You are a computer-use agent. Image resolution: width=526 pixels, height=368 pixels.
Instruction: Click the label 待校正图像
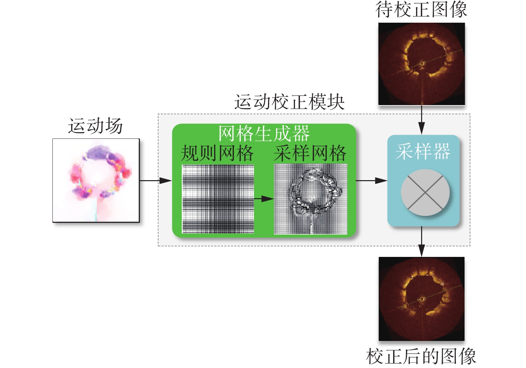tap(421, 10)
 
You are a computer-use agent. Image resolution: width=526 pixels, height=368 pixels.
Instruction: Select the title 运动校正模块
tap(289, 102)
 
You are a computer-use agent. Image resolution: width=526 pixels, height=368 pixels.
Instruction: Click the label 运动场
tap(96, 126)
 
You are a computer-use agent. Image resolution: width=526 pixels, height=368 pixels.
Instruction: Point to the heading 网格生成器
tap(264, 133)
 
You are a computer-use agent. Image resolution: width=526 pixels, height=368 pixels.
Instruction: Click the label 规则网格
tap(217, 153)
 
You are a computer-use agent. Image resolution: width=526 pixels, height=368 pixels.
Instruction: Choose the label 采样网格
tap(310, 153)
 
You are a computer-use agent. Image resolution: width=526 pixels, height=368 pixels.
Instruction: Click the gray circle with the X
tap(425, 193)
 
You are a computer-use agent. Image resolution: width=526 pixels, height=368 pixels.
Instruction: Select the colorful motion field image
tap(96, 180)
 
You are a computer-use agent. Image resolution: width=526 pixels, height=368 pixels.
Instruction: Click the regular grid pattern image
tap(218, 199)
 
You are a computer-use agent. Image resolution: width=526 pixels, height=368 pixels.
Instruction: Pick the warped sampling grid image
tap(311, 199)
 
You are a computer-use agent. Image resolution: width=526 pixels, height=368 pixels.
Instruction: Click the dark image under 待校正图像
tap(421, 64)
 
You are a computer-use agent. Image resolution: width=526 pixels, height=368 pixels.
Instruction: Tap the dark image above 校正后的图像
tap(421, 299)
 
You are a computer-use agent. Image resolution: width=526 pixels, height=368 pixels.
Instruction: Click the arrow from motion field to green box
tap(156, 180)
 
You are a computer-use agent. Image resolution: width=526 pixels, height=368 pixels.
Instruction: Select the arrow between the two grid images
tap(264, 199)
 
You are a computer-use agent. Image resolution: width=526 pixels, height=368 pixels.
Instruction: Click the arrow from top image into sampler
tap(422, 120)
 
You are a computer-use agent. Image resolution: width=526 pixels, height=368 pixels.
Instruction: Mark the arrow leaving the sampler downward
tap(422, 242)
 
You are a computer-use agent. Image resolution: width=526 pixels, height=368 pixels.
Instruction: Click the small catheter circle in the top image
tap(422, 63)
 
